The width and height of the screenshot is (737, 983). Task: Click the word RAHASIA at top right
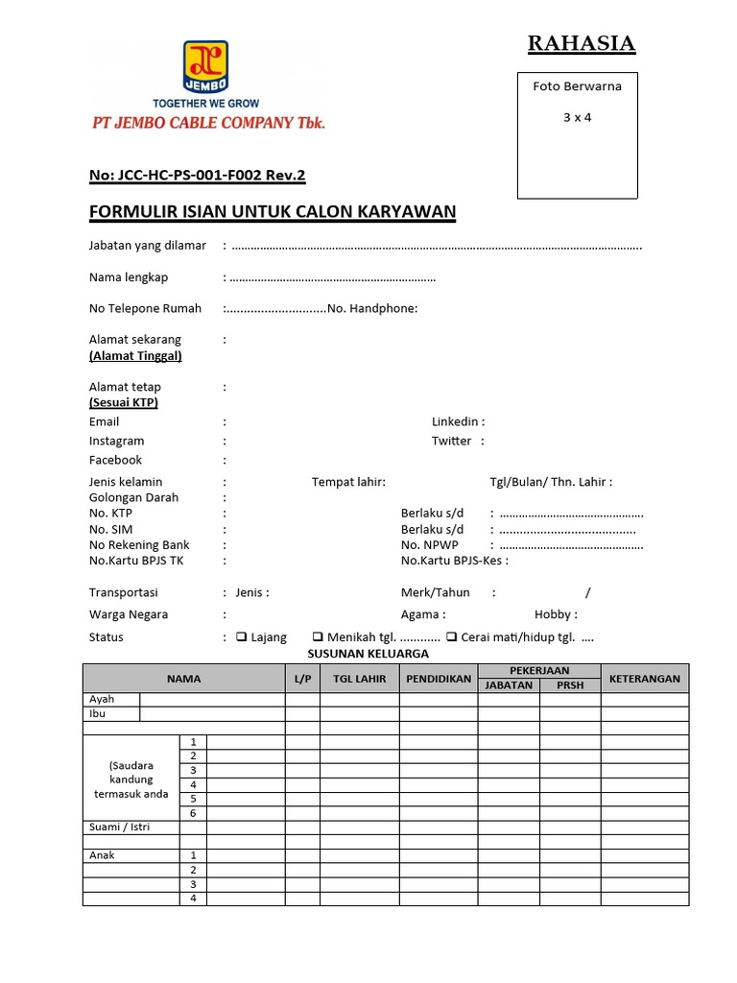coord(582,43)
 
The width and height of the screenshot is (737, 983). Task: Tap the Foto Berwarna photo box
coord(577,134)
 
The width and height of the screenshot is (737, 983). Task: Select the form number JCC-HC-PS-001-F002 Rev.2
coord(198,175)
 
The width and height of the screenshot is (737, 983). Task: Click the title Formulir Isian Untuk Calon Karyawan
coord(273,211)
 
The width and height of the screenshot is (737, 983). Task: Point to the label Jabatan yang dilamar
coord(148,246)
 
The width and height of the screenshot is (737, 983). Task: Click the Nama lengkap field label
coord(129,277)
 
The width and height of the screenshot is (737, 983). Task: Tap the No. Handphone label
coord(373,308)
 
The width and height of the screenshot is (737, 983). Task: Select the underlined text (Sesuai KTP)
coord(124,402)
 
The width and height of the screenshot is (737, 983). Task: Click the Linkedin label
coord(458,421)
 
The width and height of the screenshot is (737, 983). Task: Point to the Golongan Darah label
coord(133,497)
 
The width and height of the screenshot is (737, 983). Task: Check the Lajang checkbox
coord(243,637)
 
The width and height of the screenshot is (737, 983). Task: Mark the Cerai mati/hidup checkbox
coord(452,637)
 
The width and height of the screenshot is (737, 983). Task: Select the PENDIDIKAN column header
coord(439,679)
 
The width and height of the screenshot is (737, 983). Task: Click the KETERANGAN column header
coord(645,679)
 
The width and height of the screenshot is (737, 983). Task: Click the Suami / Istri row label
coord(120,827)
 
